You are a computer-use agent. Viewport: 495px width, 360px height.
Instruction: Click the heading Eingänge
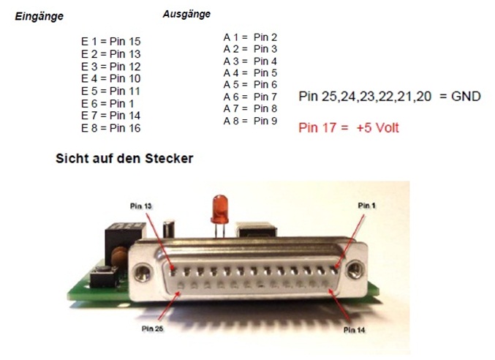coord(39,16)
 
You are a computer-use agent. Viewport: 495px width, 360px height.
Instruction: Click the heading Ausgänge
coord(186,14)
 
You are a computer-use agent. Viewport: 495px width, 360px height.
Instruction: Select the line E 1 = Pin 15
coord(111,42)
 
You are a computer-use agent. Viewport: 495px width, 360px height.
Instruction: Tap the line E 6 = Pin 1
coord(107,104)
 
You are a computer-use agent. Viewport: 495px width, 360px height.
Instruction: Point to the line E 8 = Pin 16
coord(111,128)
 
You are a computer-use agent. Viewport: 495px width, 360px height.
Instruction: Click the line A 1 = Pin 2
coord(250,37)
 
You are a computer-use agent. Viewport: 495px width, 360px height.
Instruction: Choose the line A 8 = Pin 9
coord(250,121)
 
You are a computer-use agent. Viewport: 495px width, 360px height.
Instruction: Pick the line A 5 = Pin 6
coord(250,85)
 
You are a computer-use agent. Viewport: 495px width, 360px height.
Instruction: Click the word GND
coord(466,97)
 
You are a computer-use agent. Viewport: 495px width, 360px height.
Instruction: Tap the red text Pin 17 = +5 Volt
coord(349,128)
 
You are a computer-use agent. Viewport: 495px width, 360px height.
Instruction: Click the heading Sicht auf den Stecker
coord(124,158)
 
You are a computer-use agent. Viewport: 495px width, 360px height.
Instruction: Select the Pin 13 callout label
coord(141,206)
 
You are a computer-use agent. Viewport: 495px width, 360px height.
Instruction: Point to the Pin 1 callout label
coord(367,206)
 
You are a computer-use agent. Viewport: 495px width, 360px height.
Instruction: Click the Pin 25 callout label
coord(153,329)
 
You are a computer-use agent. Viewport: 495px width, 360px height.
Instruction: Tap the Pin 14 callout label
coord(354,330)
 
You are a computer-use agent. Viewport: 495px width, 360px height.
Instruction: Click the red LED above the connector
coord(220,209)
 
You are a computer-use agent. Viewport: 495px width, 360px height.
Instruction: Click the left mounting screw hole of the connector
coord(142,272)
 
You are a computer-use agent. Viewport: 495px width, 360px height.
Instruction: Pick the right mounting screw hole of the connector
coord(355,270)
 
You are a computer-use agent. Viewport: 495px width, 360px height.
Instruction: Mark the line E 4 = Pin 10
coord(111,78)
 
